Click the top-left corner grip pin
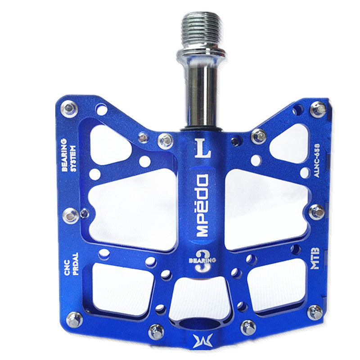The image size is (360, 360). [x=70, y=108]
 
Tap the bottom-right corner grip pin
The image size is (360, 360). [x=315, y=312]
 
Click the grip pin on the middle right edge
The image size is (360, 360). [x=316, y=211]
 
